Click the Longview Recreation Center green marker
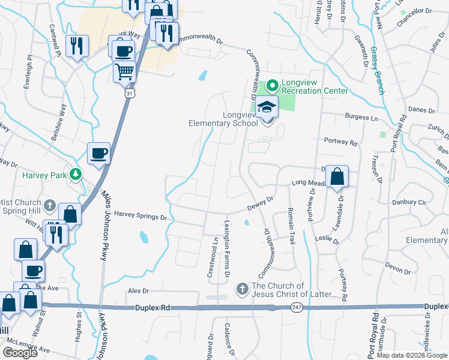(271, 86)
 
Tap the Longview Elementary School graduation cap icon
(267, 108)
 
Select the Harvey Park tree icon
(76, 175)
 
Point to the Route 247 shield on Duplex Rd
(296, 307)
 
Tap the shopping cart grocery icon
(124, 72)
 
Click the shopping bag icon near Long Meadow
(338, 177)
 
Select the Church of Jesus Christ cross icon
(242, 290)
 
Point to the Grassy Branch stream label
(378, 71)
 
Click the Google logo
(20, 352)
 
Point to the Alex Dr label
(138, 291)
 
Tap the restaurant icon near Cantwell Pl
(76, 46)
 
